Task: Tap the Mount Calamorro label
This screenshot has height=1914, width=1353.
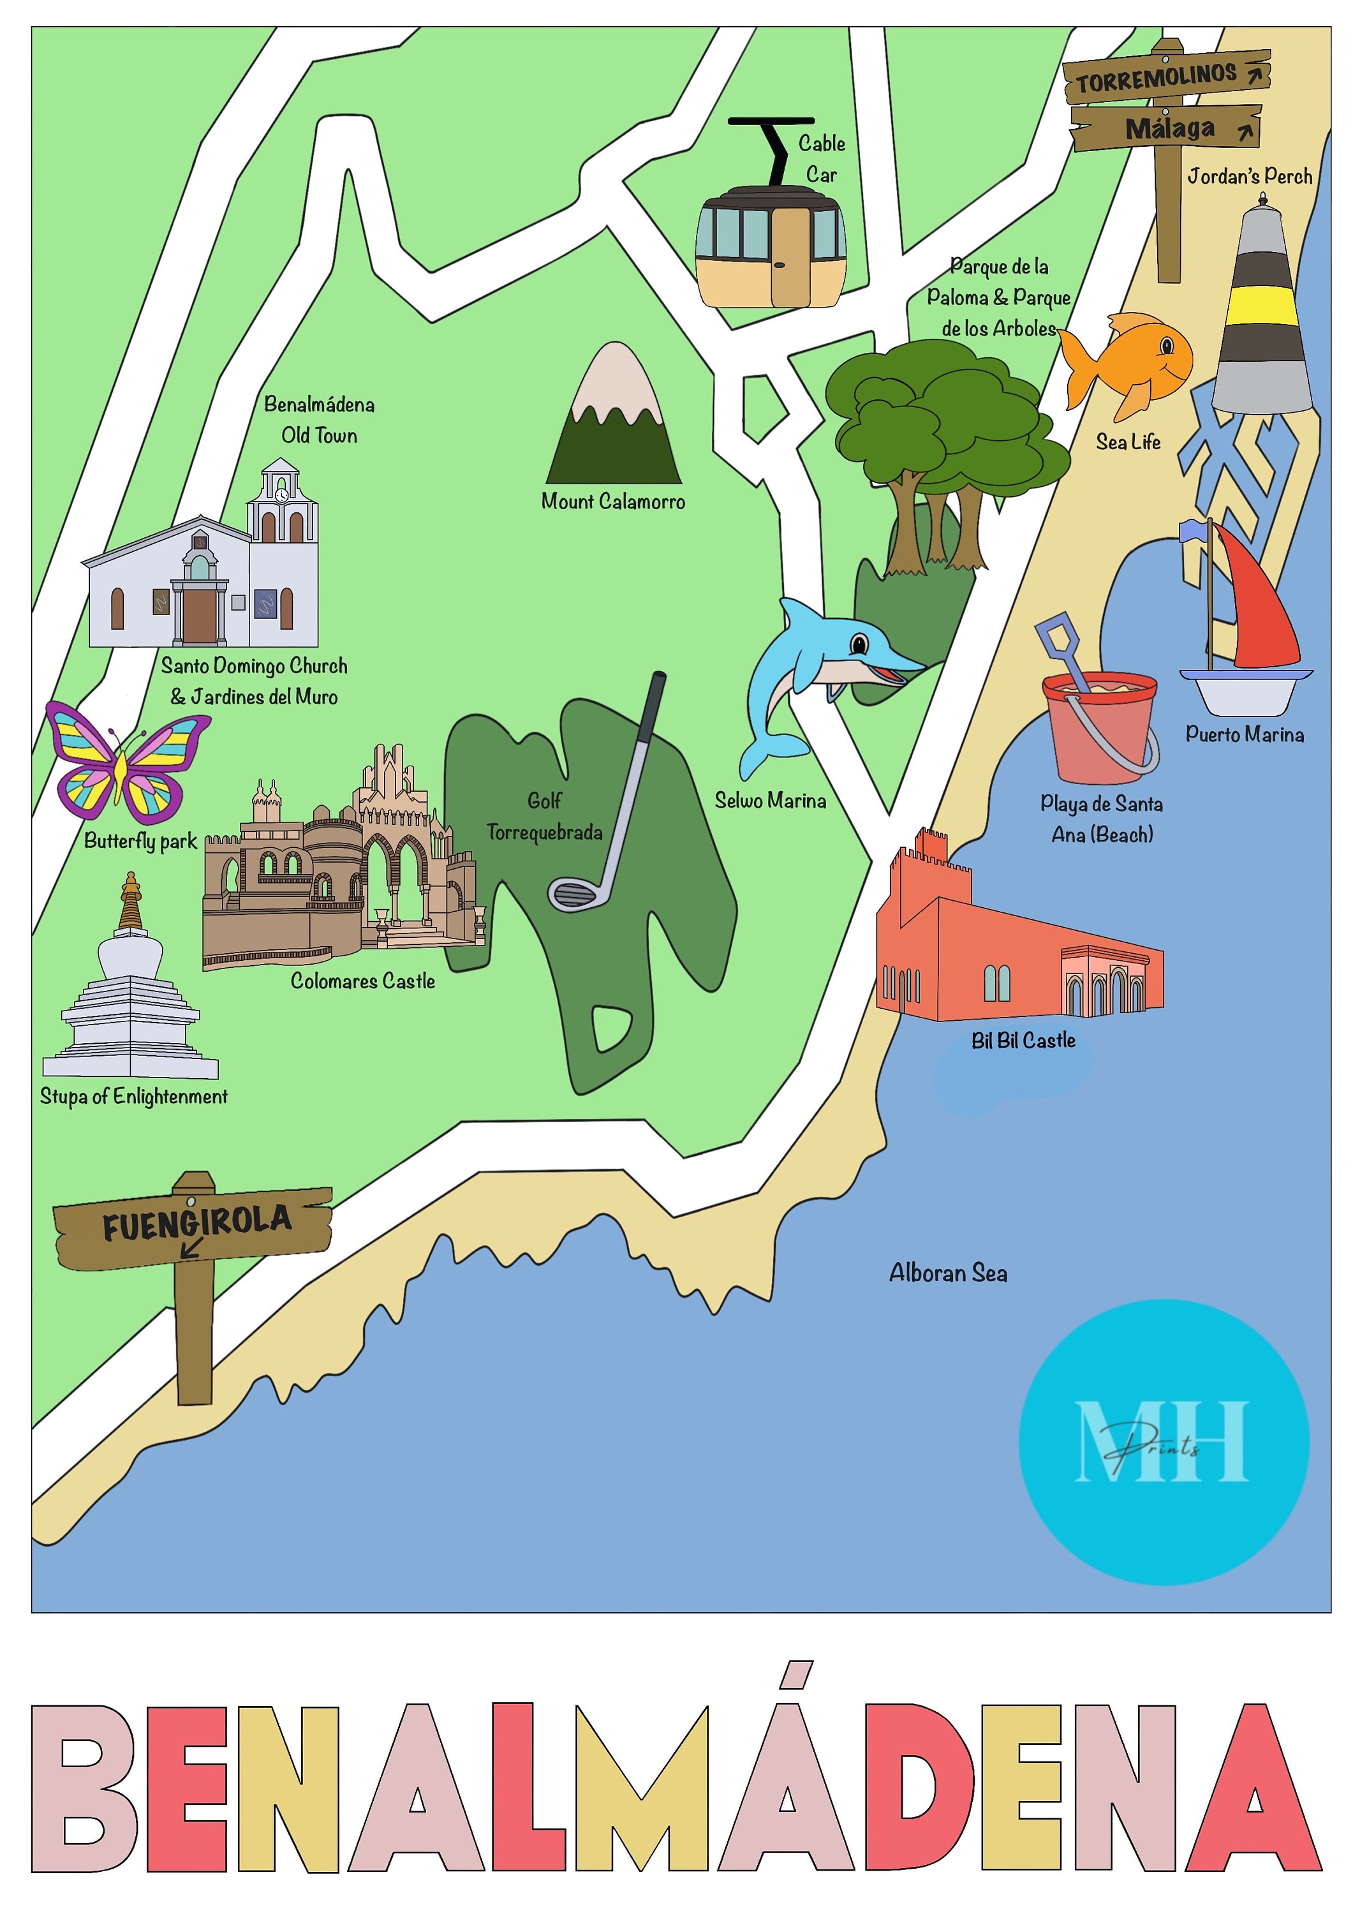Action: (x=613, y=501)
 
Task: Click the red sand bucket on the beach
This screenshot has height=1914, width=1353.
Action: (x=1098, y=726)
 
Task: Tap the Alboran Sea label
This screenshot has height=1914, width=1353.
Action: (x=948, y=1273)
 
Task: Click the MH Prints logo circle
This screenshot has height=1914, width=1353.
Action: (x=1163, y=1441)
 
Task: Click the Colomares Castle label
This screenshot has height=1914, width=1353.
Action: (x=362, y=981)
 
